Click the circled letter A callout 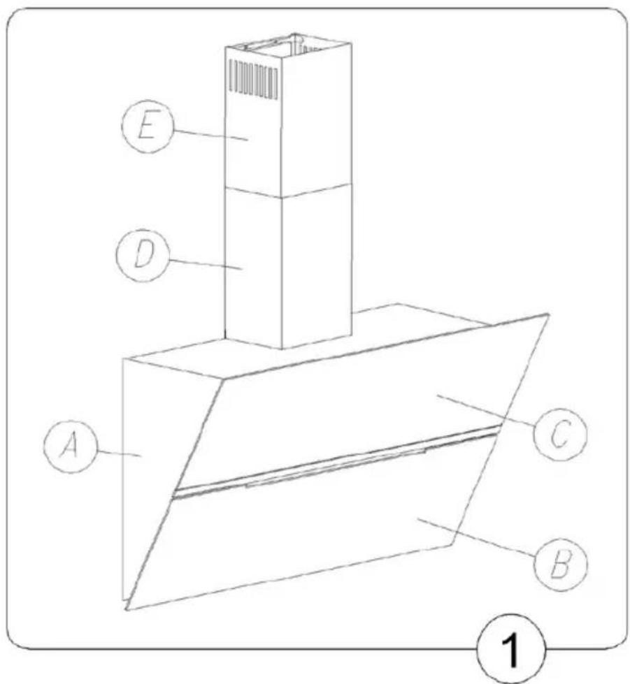(70, 446)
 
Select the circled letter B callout (561, 565)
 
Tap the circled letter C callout (561, 434)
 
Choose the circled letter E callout (148, 126)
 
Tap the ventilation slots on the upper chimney (253, 78)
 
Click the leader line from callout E (211, 135)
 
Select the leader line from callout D (206, 265)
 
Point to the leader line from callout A (118, 453)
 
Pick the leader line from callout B (477, 537)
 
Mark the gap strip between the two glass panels (336, 462)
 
